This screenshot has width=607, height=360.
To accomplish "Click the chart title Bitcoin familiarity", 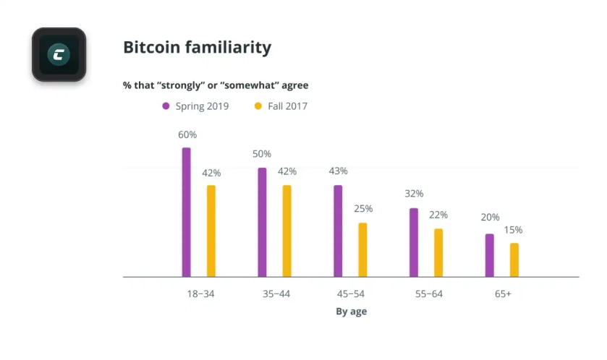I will tap(197, 48).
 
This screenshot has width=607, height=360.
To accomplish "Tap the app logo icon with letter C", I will tap(59, 54).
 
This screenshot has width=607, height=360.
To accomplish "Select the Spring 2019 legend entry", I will tap(195, 106).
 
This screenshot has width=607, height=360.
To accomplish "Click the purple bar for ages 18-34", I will tap(187, 213).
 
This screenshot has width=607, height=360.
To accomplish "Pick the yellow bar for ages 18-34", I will tap(211, 231).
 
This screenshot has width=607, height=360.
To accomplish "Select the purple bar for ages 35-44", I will tap(262, 223).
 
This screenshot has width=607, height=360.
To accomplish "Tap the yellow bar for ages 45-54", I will tap(362, 250).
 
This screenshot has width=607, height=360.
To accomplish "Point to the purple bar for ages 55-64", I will tap(414, 243).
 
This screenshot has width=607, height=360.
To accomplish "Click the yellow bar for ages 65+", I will tap(514, 260).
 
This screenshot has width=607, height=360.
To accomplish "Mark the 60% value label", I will tap(187, 135).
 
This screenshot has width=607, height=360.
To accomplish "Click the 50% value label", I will tap(262, 154).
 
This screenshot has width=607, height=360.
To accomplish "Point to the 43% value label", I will tap(338, 171).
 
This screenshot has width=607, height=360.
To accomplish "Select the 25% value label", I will tap(363, 209).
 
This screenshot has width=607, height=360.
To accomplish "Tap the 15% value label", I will tap(514, 230).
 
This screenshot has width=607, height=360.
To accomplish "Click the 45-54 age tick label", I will tap(351, 294).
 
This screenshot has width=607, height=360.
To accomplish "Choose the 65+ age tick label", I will tap(502, 294).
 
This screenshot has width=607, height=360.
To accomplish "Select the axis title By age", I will tap(351, 312).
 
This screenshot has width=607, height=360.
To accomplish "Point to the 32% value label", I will tap(414, 194).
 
